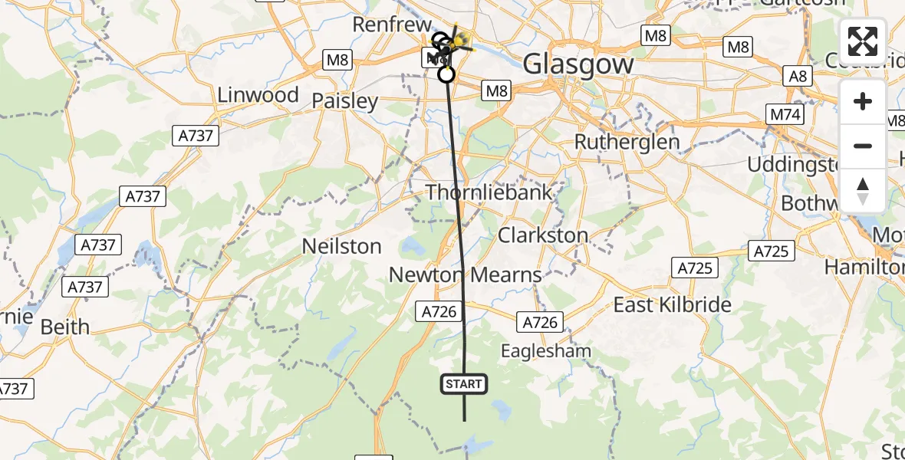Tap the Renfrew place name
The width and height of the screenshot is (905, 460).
[390, 24]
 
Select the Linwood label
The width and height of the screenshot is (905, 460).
[258, 95]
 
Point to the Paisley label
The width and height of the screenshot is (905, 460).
[345, 101]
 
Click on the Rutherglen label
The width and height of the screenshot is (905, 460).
[627, 142]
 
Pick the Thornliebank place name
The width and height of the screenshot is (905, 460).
[489, 192]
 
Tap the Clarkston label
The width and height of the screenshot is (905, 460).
[543, 235]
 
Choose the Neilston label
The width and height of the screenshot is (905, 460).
[342, 246]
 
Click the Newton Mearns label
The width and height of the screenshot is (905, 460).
[465, 274]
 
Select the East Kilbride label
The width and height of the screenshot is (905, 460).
[673, 304]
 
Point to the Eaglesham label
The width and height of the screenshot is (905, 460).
[546, 351]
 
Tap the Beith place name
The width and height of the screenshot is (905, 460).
[64, 327]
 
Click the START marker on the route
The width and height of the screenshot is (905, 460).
[463, 384]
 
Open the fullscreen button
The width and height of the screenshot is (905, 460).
[863, 41]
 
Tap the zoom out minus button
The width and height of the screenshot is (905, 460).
[863, 146]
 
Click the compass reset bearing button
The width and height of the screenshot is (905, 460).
[863, 190]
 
